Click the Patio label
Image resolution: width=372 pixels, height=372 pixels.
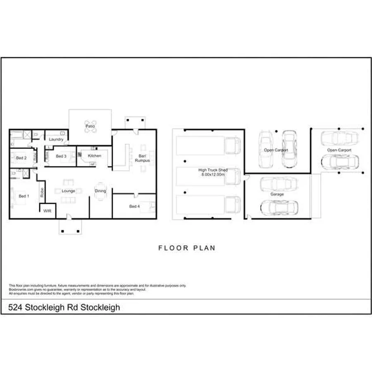coord(90,126)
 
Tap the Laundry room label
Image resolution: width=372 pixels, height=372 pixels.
coord(56,140)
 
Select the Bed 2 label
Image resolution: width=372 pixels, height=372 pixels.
coord(21,158)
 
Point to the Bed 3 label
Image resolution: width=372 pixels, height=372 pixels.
coord(61,156)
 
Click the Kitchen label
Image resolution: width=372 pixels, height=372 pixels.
coord(94,156)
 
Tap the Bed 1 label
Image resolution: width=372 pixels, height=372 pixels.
coord(24,196)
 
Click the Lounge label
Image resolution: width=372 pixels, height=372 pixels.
coord(69,191)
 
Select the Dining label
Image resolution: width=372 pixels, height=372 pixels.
coord(100,191)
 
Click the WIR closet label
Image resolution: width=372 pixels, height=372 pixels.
coord(47,210)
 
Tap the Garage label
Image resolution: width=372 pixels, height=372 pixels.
coord(277,194)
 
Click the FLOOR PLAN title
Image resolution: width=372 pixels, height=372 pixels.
coord(187,248)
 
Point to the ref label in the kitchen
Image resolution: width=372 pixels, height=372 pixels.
coord(93,164)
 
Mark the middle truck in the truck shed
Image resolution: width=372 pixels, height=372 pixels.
coord(209,176)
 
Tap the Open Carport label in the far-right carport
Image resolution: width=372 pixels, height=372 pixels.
coord(339,150)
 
